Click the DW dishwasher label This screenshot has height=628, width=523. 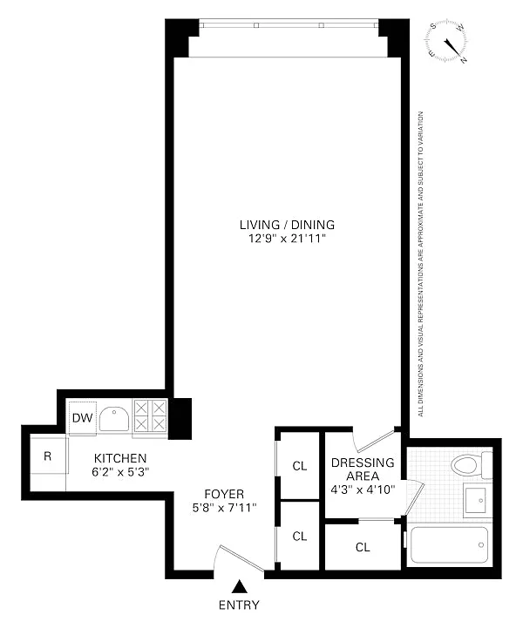point(83,418)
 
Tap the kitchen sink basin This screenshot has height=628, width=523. point(114,419)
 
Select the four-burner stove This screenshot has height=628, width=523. point(150,416)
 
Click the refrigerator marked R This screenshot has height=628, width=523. point(48,456)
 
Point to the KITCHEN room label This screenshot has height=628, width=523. point(120,458)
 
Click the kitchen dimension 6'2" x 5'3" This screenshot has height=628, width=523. point(120,472)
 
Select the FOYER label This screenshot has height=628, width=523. point(224,494)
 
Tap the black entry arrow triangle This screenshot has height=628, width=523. point(240,586)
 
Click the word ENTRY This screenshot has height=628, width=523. point(239,604)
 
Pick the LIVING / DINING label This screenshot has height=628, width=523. point(287,225)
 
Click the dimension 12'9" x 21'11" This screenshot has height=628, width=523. point(287,239)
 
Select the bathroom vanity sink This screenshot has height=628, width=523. point(475,500)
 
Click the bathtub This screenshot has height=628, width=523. point(448,544)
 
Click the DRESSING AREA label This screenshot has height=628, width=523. point(363,469)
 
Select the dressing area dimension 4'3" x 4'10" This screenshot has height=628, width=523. point(363,490)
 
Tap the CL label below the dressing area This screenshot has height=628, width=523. point(363,547)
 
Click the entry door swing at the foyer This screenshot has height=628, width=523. point(239,557)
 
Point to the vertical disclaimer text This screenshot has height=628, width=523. point(420,264)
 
